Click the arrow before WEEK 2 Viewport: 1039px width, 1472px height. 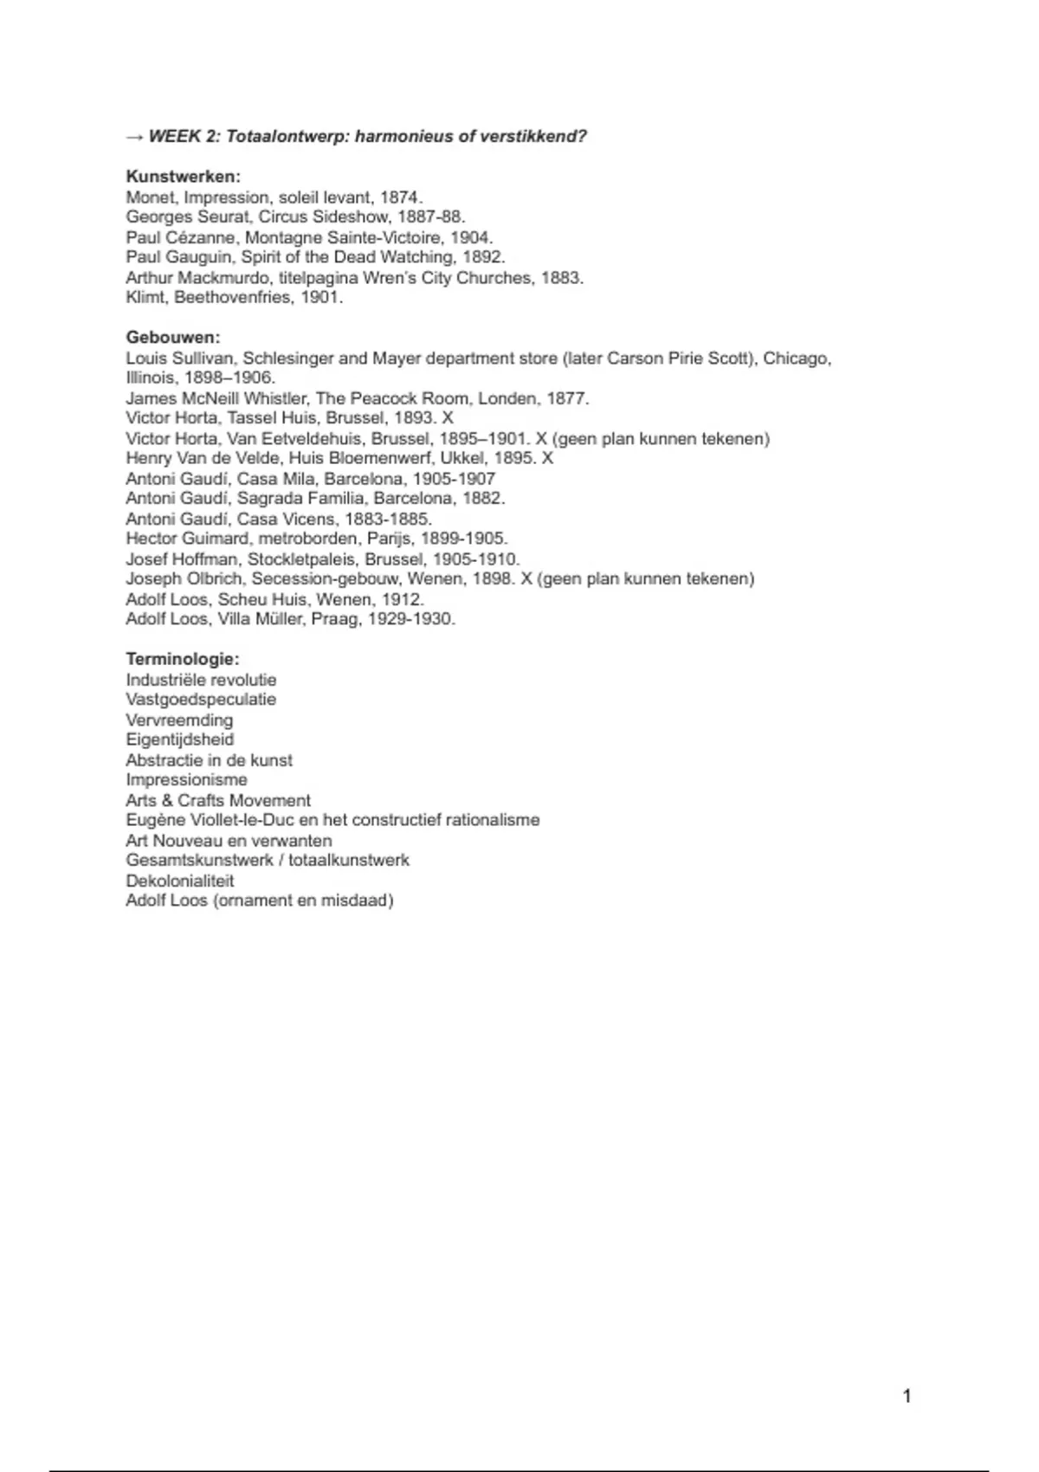134,137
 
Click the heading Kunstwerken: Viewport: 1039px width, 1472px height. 183,177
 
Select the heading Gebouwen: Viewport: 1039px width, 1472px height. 173,338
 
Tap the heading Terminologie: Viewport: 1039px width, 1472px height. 182,659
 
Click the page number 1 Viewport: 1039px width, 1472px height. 907,1396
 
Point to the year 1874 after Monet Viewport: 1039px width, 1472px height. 400,197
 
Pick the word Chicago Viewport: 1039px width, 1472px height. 797,358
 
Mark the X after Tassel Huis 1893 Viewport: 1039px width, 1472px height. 448,418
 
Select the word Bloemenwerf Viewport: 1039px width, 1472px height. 379,458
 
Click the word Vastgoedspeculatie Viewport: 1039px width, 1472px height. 201,700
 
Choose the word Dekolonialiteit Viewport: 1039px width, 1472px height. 180,881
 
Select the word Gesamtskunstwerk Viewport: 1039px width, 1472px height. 199,861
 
